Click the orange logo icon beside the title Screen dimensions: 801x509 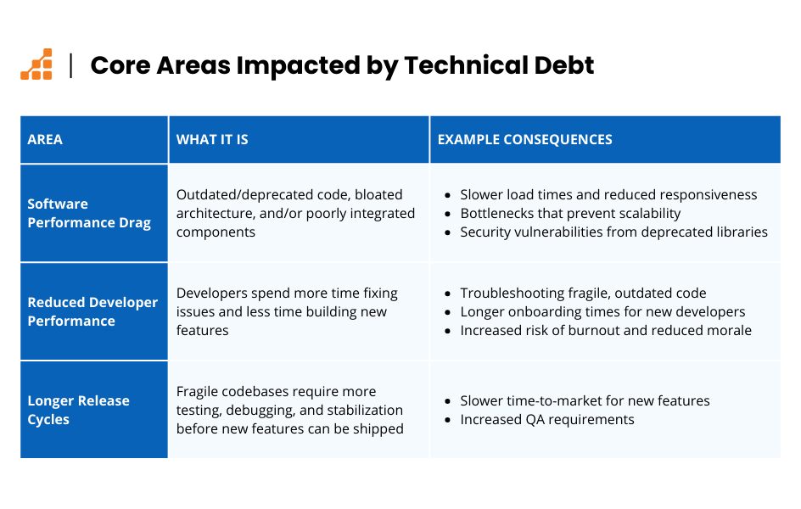[36, 64]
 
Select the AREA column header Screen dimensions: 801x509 [45, 139]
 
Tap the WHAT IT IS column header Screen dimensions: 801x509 [212, 139]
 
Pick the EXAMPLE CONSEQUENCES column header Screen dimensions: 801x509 [524, 139]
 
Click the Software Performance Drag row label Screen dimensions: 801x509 [89, 213]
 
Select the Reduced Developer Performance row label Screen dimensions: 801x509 [92, 311]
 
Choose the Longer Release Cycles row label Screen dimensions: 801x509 [78, 410]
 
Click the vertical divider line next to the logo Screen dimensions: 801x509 [71, 65]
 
